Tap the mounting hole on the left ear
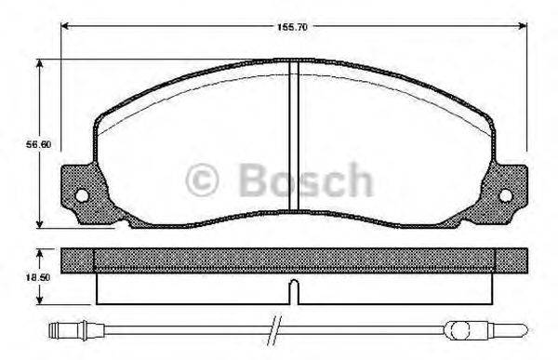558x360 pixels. [82, 195]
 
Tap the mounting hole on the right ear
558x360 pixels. [506, 195]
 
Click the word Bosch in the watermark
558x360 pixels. [306, 179]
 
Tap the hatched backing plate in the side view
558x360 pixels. [186, 260]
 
